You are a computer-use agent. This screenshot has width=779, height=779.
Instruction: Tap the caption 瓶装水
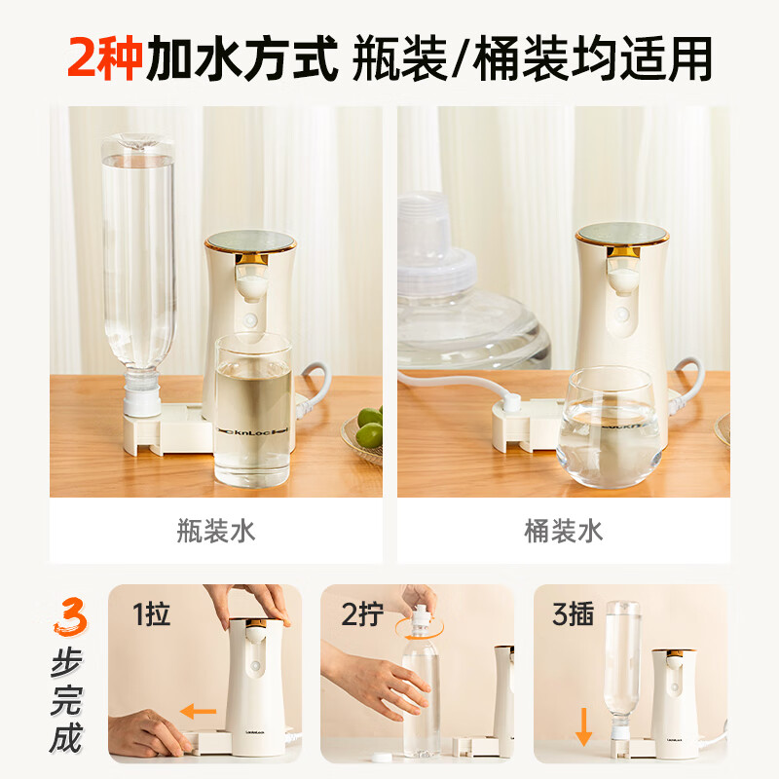click(216, 530)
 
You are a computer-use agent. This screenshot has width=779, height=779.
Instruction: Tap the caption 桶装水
click(563, 530)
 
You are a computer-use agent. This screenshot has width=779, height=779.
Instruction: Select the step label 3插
click(573, 614)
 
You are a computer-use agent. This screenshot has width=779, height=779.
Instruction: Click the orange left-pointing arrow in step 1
click(199, 713)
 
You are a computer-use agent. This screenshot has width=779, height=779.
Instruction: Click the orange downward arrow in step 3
click(583, 724)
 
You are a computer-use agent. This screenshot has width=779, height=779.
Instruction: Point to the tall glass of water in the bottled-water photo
click(252, 409)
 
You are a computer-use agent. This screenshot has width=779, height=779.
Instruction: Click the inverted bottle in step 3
click(620, 662)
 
